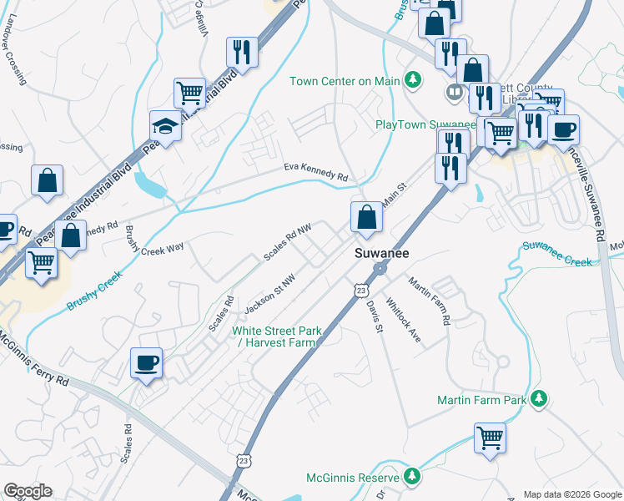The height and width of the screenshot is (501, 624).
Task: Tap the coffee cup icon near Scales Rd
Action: click(x=147, y=363)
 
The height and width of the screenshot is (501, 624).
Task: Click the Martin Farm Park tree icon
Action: click(x=540, y=400)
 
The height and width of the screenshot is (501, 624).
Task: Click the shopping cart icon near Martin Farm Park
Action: click(x=490, y=437)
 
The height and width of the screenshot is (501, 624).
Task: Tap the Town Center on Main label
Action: click(x=345, y=81)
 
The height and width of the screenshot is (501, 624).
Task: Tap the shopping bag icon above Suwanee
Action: click(x=366, y=218)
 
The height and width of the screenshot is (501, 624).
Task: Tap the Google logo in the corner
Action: click(x=28, y=491)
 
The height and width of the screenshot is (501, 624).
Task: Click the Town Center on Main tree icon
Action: click(x=411, y=80)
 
